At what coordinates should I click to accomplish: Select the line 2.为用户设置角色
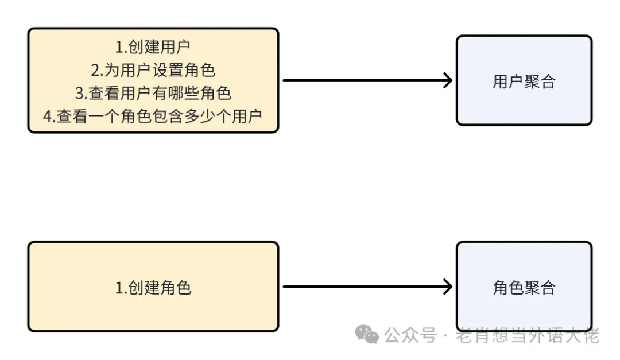153,70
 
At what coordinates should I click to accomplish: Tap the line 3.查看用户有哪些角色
153,93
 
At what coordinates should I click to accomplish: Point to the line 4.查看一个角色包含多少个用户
153,115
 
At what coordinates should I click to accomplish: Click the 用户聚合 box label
524,82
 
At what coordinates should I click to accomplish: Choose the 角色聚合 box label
524,288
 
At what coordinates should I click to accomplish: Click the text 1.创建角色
153,288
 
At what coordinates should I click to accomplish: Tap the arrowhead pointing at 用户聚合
447,80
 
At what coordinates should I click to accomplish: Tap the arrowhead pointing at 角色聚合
447,287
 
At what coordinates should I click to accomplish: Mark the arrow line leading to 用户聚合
362,80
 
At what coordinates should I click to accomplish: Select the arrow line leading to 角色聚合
362,287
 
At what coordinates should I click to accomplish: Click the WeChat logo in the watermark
367,334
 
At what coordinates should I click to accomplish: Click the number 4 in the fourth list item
47,115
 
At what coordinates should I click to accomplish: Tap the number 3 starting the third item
79,93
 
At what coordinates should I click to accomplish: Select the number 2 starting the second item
95,70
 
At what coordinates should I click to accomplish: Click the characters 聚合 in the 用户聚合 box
540,82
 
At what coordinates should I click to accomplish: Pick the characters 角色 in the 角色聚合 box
508,288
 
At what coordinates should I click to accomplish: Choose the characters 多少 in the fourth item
200,115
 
